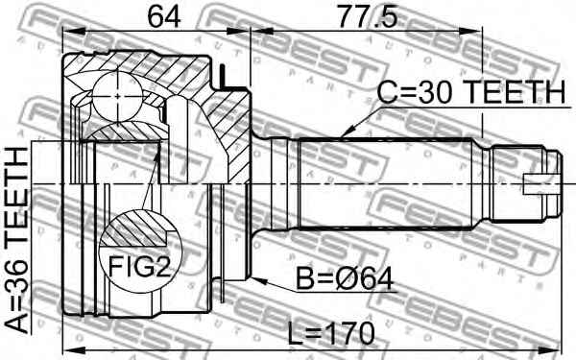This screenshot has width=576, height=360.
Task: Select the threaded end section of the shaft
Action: (x=524, y=180)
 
